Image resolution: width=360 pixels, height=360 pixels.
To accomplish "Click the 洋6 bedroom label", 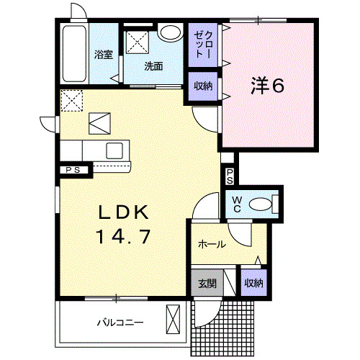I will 268,86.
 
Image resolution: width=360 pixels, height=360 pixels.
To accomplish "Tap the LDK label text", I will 123,213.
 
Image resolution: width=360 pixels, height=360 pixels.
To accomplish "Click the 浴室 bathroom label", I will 104,55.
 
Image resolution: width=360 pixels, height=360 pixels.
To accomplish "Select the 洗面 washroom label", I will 153,66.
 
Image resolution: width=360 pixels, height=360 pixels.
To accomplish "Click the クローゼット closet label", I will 201,45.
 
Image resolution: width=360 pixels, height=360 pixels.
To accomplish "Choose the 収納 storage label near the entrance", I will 252,283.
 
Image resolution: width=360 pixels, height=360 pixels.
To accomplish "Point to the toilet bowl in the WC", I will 261,204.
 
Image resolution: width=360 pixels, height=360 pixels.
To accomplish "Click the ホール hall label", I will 212,244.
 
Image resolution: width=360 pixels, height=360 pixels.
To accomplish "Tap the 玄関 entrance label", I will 207,283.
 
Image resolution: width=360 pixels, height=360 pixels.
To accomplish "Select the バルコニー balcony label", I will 120,322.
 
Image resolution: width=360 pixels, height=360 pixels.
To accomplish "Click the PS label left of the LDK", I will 73,171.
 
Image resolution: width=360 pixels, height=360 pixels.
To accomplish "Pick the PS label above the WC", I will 229,176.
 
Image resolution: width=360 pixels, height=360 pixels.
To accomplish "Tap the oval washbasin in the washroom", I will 171,33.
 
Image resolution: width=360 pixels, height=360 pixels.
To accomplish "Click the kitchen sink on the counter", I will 116,150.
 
